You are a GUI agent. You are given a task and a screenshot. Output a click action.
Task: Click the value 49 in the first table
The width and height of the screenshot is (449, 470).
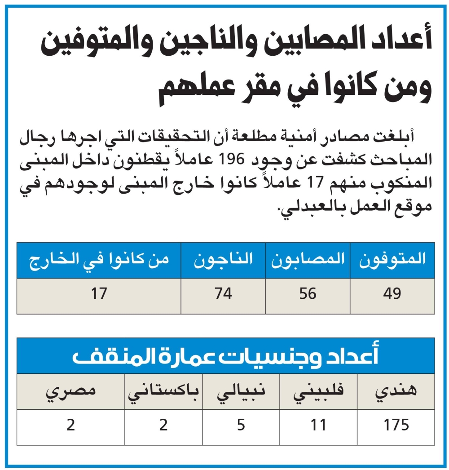(392, 294)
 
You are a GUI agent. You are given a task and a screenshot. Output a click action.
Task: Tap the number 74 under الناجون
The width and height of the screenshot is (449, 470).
(223, 294)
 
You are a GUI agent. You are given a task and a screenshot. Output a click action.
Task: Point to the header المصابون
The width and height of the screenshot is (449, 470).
(308, 260)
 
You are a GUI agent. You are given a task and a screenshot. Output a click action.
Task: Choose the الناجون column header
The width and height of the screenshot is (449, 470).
(223, 260)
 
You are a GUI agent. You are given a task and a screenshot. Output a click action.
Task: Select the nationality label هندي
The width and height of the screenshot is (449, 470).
(396, 391)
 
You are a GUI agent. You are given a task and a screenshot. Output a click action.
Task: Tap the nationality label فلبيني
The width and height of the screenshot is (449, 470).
(319, 391)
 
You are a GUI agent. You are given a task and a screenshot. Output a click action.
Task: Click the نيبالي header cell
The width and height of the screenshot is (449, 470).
(241, 391)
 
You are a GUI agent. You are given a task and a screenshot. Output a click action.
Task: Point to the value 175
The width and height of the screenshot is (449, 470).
(396, 425)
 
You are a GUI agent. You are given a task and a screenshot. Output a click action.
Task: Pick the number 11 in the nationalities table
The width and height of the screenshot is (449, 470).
(319, 425)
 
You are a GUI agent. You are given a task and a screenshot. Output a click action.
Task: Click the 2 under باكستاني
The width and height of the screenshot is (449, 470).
(163, 425)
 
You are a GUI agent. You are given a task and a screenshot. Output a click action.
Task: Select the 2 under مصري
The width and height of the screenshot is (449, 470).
(70, 425)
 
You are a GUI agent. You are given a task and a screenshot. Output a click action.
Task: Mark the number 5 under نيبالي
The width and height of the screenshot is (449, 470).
(241, 425)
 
